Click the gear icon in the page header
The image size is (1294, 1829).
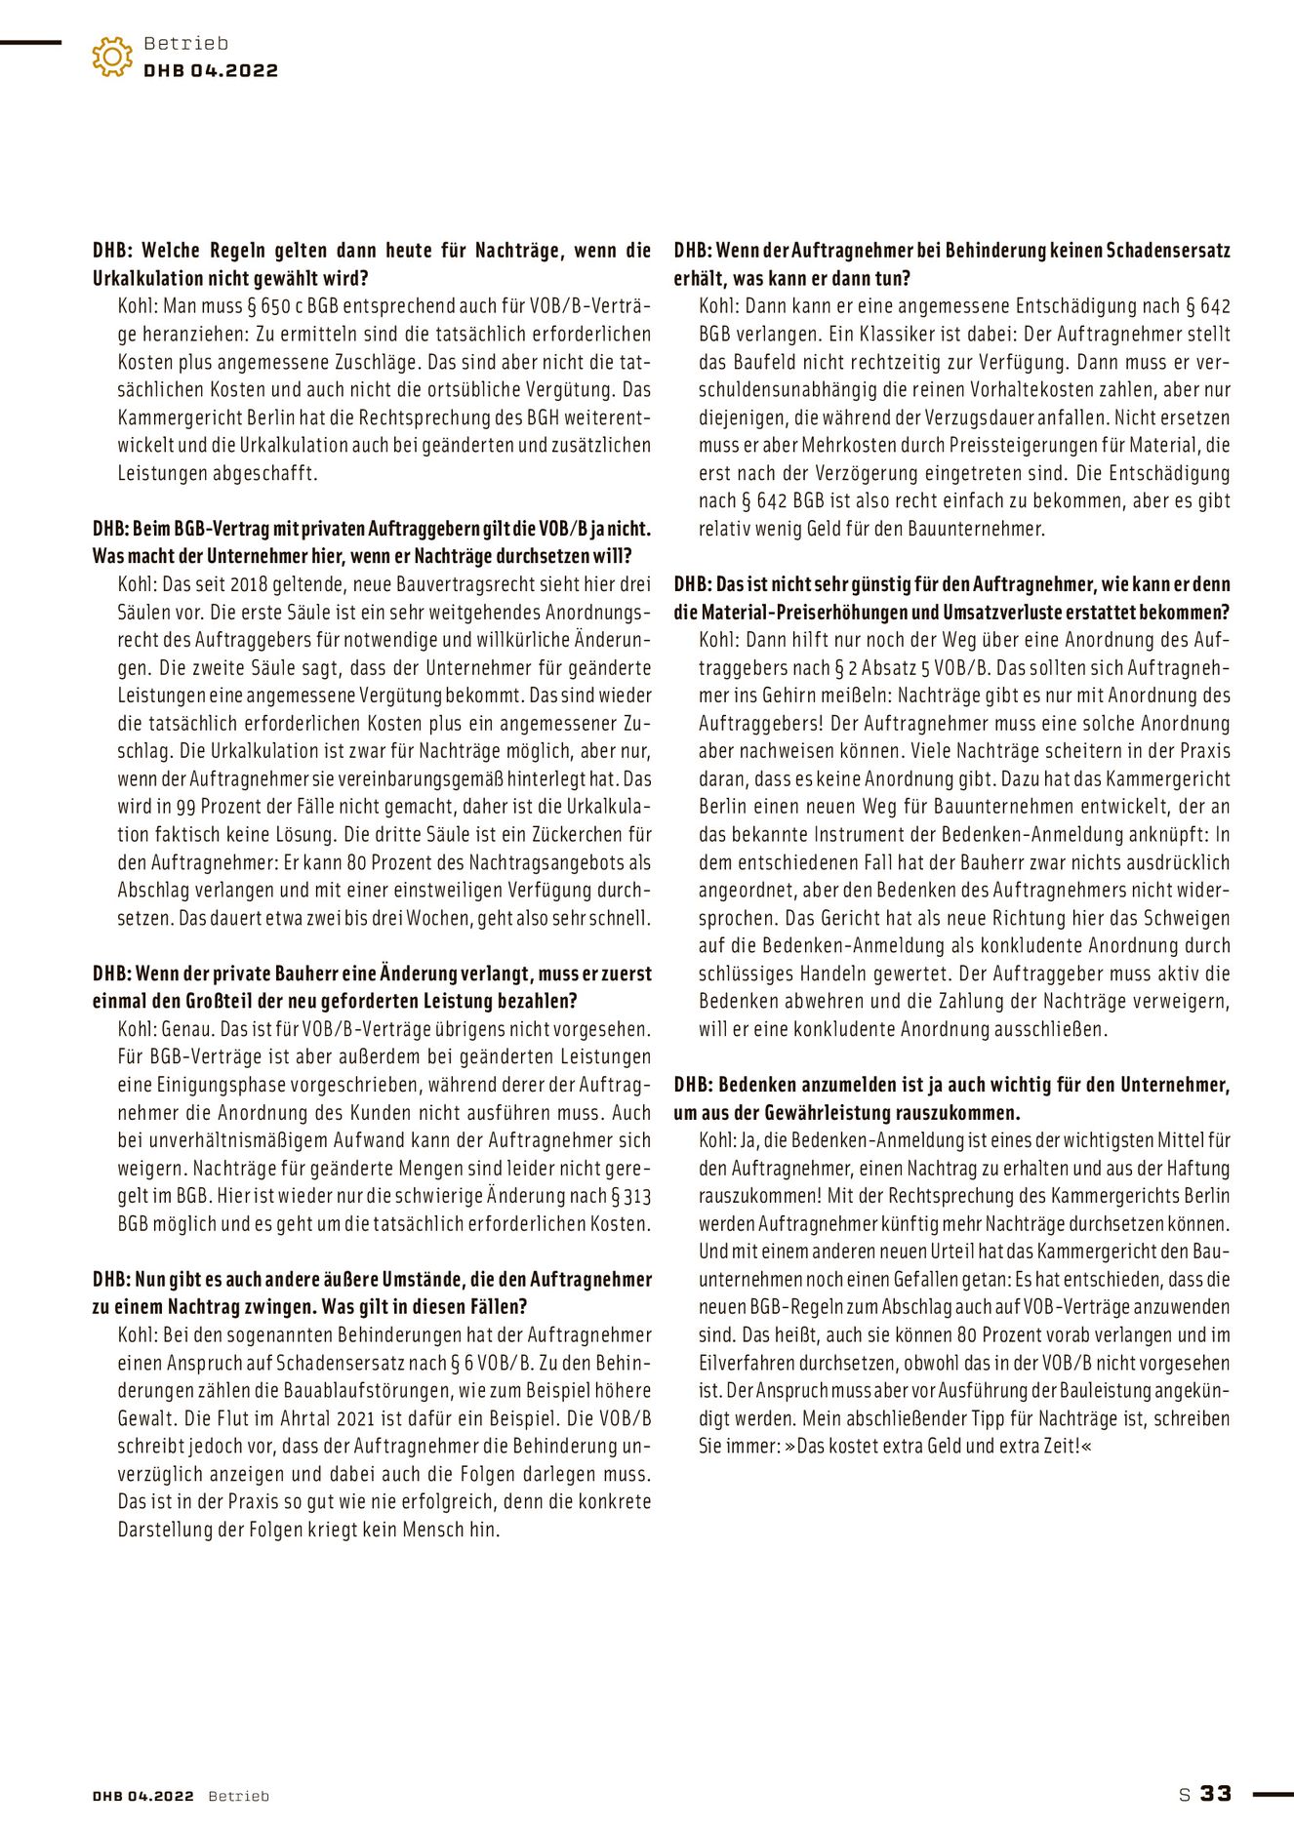click(x=112, y=57)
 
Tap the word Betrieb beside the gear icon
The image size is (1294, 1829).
click(x=185, y=43)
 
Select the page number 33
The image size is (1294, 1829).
click(x=1216, y=1793)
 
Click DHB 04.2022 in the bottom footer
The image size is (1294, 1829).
click(x=143, y=1796)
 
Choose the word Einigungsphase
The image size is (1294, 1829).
click(x=185, y=1084)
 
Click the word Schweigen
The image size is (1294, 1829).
click(x=1187, y=918)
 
